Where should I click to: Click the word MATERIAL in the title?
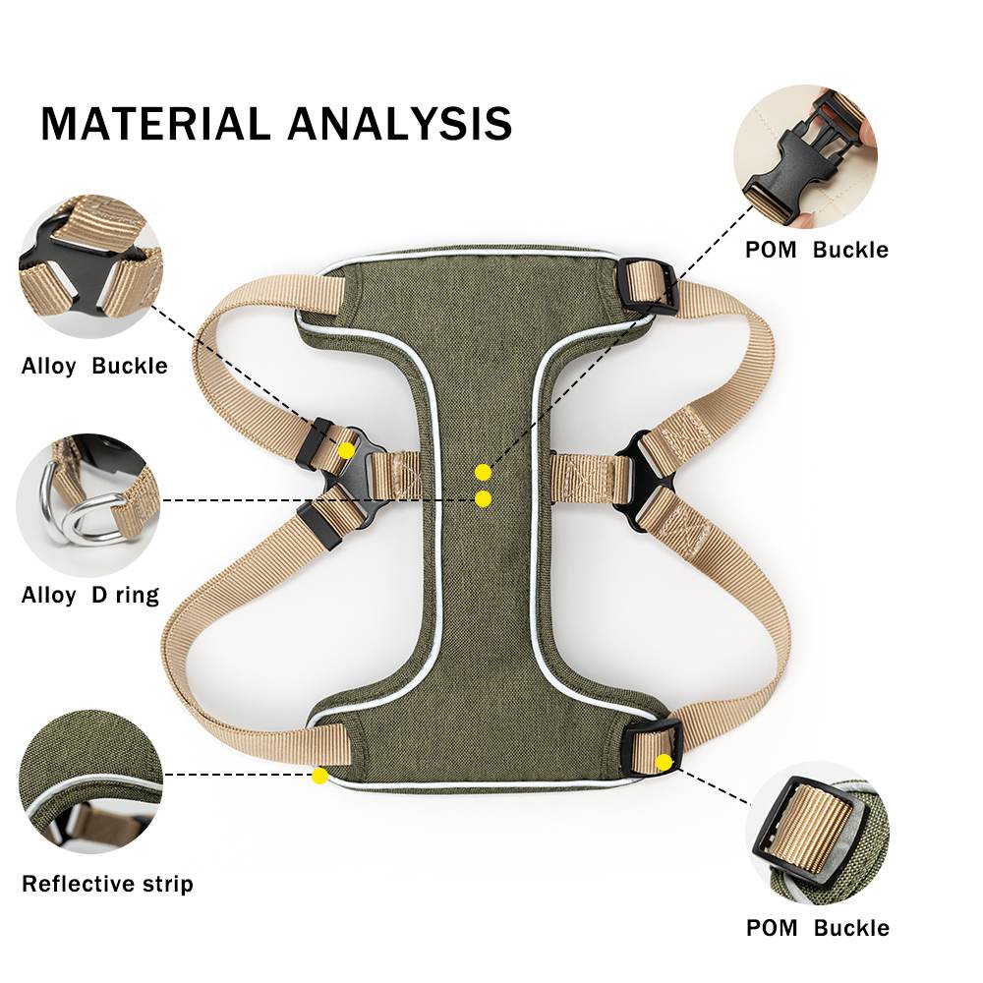[x=155, y=124]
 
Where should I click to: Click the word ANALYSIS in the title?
[x=400, y=124]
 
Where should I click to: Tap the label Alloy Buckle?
[x=94, y=366]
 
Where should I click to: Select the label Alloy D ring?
[x=90, y=595]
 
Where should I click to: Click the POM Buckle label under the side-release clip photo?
[x=816, y=250]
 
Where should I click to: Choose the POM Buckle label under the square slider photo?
[x=818, y=927]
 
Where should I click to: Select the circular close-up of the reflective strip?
[x=90, y=781]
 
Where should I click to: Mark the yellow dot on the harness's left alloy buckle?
[x=346, y=450]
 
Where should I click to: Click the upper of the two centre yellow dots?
[x=483, y=472]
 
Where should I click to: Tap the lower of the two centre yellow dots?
[x=483, y=499]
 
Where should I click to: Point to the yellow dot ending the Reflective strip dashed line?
[x=319, y=776]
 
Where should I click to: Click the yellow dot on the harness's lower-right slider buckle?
[x=664, y=763]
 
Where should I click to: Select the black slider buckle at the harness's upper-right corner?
[x=647, y=286]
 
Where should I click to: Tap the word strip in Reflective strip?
[x=168, y=884]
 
